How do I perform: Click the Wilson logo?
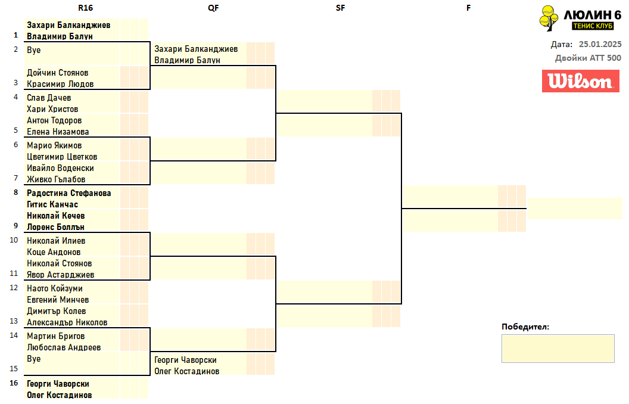tap(581, 81)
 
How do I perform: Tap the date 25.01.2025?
tap(600, 44)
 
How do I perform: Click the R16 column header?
tap(85, 8)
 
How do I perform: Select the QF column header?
tap(213, 8)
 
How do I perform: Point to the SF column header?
tap(340, 8)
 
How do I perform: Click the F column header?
tap(468, 8)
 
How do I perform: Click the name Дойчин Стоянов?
tap(57, 73)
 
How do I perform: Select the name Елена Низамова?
tap(58, 132)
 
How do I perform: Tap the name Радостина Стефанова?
tap(68, 193)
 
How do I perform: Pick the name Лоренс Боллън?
tap(55, 226)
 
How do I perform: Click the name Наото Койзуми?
tap(55, 288)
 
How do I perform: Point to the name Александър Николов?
tap(67, 322)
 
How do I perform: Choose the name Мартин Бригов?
tap(56, 336)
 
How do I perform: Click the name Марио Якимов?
tap(54, 145)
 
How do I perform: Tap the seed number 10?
tap(14, 240)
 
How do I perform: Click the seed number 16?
tap(14, 383)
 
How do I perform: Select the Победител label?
tap(525, 327)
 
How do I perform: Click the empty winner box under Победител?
tap(558, 349)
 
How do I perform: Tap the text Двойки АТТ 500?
tap(588, 58)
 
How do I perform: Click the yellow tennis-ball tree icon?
tap(549, 18)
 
